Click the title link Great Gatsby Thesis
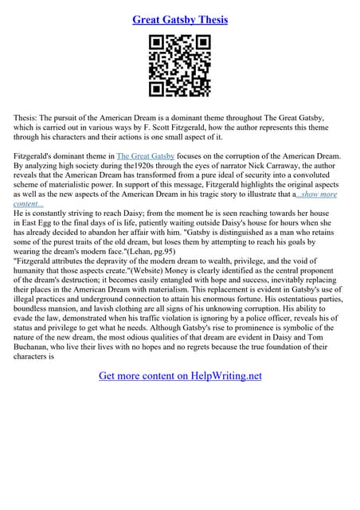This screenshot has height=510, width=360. pyautogui.click(x=180, y=19)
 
